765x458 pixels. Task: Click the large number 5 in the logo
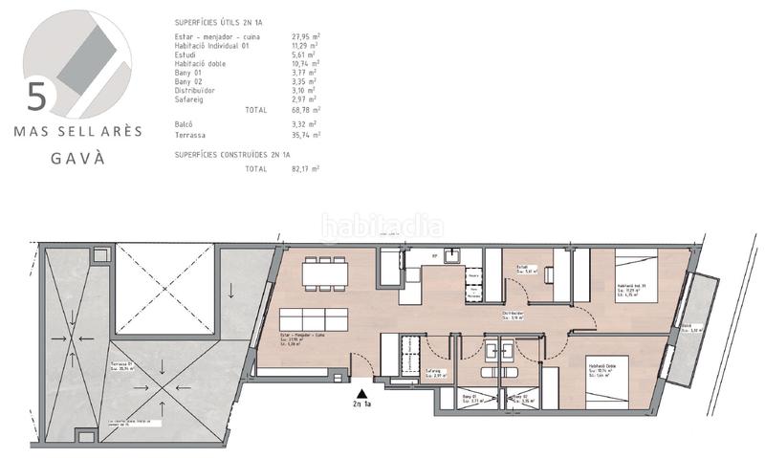pyautogui.click(x=37, y=96)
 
